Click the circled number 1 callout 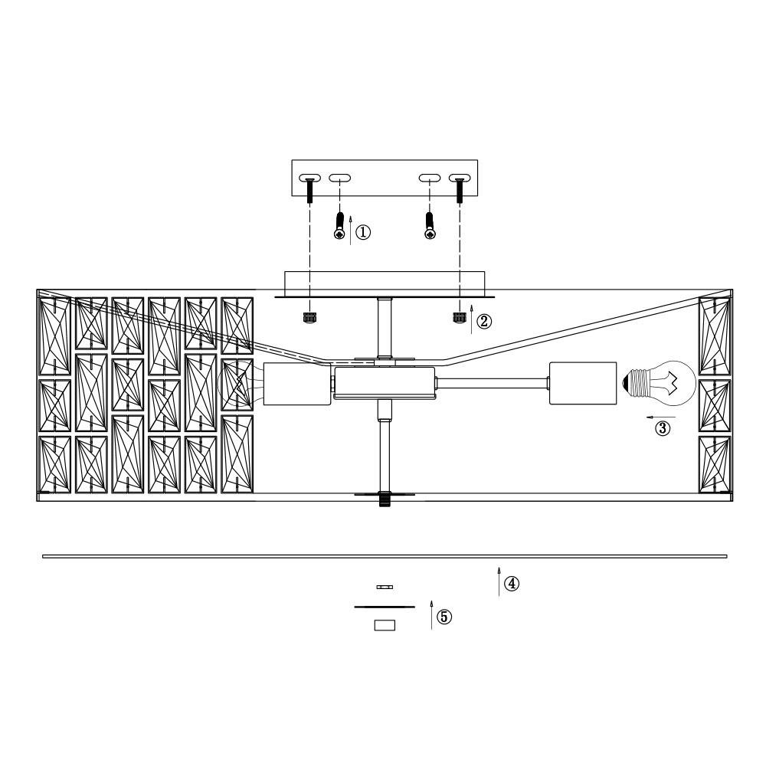pos(362,232)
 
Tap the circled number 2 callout pos(484,321)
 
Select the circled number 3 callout pos(663,428)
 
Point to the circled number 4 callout pos(512,583)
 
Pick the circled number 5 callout pos(444,617)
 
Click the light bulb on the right pos(659,382)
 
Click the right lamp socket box pos(583,383)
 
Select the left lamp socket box pos(297,384)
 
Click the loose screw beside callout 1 pos(339,226)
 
